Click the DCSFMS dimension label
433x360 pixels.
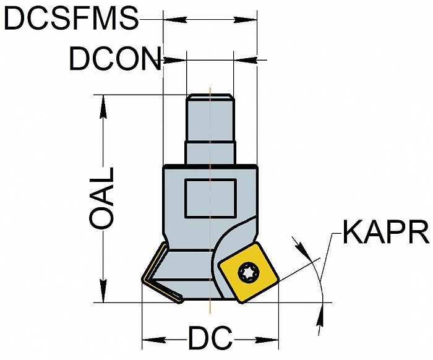pyautogui.click(x=71, y=19)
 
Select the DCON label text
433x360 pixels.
pyautogui.click(x=115, y=59)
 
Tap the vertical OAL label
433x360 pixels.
pyautogui.click(x=101, y=198)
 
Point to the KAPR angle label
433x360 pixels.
pyautogui.click(x=386, y=232)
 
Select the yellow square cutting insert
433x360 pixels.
pyautogui.click(x=248, y=273)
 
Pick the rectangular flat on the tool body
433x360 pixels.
pyautogui.click(x=211, y=199)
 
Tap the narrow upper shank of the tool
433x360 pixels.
pyautogui.click(x=210, y=118)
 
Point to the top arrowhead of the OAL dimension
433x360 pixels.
pyautogui.click(x=103, y=107)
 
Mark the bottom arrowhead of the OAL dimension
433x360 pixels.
pyautogui.click(x=103, y=291)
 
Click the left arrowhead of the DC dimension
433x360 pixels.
pyautogui.click(x=154, y=340)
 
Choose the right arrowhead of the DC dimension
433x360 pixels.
pyautogui.click(x=267, y=340)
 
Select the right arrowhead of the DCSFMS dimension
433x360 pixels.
pyautogui.click(x=245, y=20)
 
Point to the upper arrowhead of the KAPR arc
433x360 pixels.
pyautogui.click(x=302, y=247)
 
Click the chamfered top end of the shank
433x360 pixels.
pyautogui.click(x=210, y=96)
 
